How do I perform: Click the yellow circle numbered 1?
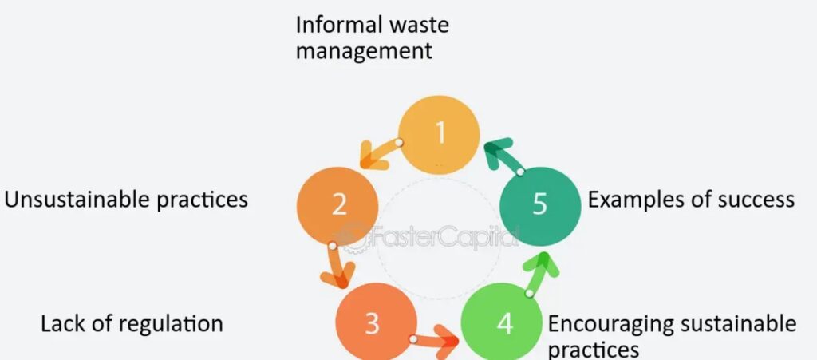(439, 133)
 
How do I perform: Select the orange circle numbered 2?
(338, 205)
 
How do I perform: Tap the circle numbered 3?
(372, 322)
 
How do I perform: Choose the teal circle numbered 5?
(540, 204)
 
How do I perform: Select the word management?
(364, 51)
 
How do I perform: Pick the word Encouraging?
(613, 323)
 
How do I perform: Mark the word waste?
(419, 24)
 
